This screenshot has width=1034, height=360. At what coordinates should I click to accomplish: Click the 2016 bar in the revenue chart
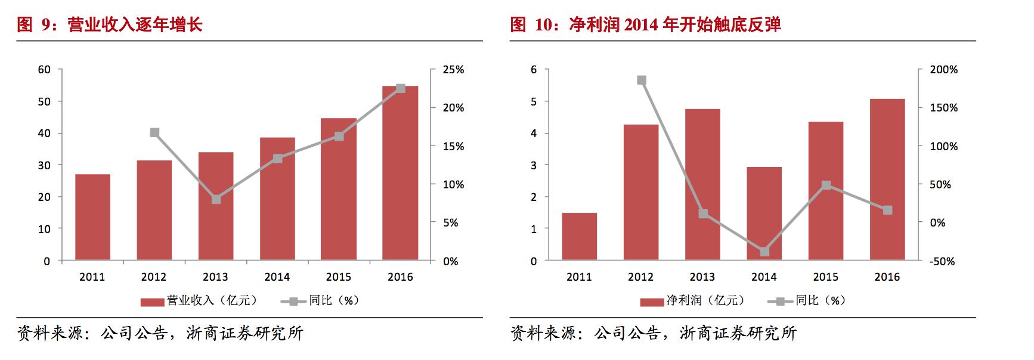400,173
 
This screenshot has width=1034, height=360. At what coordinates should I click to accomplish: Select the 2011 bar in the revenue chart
92,217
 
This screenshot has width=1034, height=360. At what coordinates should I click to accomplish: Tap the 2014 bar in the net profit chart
764,213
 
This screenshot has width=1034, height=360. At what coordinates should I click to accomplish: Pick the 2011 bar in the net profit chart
579,236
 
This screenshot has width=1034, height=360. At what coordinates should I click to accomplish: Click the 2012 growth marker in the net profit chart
642,80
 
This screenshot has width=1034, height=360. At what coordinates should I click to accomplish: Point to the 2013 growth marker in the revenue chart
216,199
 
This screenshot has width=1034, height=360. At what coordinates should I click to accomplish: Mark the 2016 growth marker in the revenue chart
401,88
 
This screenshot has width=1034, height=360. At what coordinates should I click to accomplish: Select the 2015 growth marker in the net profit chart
826,185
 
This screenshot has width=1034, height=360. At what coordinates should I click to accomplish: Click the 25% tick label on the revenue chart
453,70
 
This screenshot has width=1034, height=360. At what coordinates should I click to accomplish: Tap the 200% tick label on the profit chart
944,70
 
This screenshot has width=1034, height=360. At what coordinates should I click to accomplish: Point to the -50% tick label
942,261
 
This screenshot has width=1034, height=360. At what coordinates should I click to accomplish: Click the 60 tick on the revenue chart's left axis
44,70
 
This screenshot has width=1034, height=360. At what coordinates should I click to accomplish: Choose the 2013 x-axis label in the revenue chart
215,277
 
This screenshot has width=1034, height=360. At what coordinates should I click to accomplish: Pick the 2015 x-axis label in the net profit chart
825,277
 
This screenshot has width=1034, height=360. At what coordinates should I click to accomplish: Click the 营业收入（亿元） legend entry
200,301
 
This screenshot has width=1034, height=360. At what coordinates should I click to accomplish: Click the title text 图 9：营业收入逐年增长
110,24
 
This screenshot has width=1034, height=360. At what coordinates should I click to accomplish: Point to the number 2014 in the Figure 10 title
640,24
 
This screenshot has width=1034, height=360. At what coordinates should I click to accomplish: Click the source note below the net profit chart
654,333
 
